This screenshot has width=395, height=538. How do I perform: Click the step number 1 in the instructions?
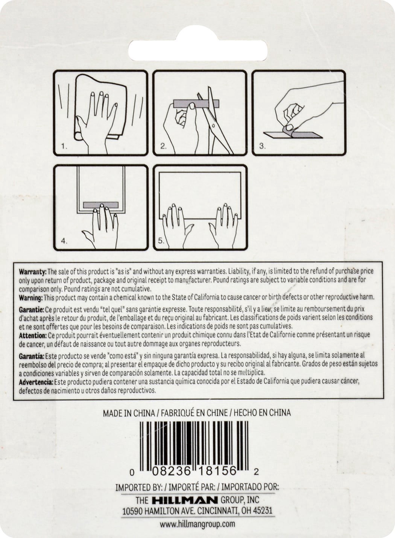click(64, 146)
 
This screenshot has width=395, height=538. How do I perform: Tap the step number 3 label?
click(262, 146)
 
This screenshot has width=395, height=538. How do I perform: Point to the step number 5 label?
click(161, 240)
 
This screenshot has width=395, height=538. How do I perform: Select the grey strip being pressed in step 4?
click(101, 205)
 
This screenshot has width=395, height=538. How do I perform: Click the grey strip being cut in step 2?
click(196, 103)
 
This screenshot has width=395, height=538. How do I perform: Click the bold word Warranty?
click(32, 272)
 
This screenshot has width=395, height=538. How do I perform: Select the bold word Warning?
click(31, 298)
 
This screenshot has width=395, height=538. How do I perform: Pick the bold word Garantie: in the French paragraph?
click(32, 310)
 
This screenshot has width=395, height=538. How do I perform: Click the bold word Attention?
click(33, 335)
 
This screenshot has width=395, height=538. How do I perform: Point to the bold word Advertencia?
click(36, 382)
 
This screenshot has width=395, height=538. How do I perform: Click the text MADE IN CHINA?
click(129, 413)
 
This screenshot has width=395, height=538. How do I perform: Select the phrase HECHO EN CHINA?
click(262, 413)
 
